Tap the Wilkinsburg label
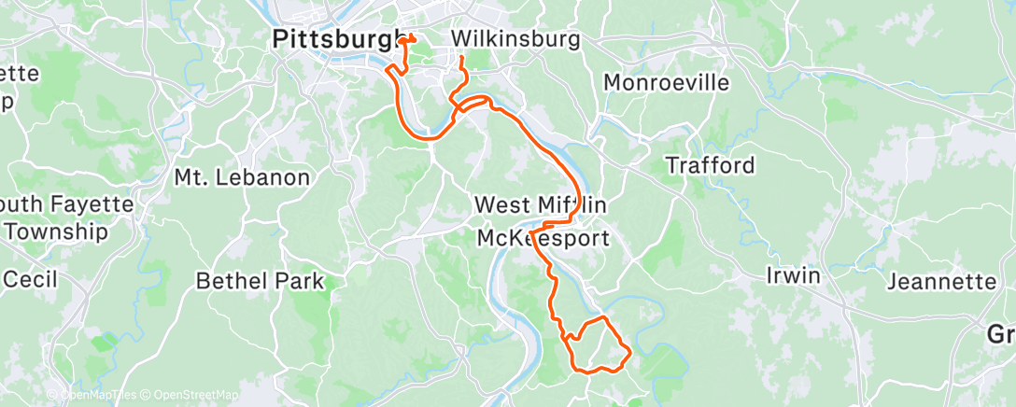pos(515,39)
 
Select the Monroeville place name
pos(666,82)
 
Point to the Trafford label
pos(710,165)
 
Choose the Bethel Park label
pos(261,280)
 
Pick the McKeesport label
pos(543,238)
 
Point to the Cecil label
pos(31,278)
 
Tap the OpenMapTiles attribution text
pos(97,396)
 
